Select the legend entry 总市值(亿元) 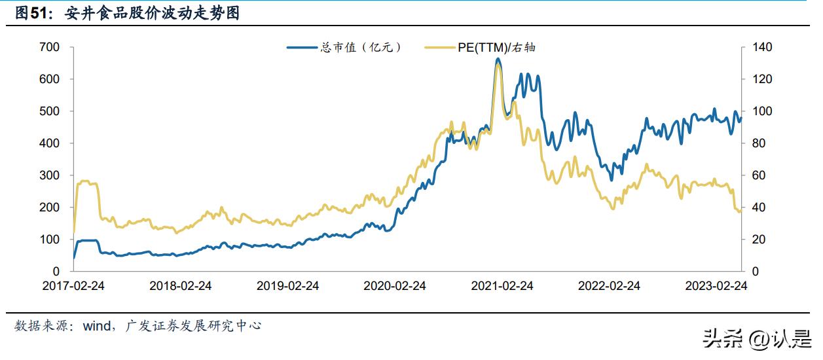(344, 47)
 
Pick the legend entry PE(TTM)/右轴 (481, 47)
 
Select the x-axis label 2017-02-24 (73, 286)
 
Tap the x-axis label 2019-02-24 (287, 286)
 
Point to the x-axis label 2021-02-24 (502, 286)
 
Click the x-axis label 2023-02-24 (716, 286)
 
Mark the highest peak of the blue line (498, 59)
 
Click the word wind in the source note (97, 325)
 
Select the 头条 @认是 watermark (756, 338)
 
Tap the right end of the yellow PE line (741, 211)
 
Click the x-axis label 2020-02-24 (395, 286)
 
